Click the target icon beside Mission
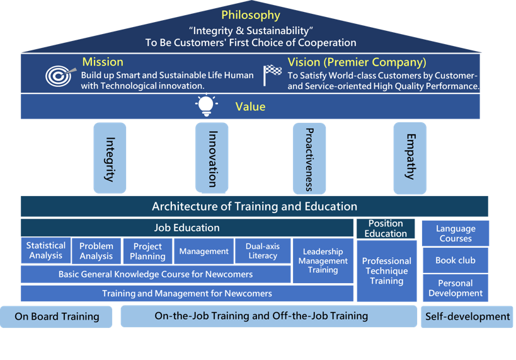[x=59, y=76]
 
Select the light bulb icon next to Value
[x=206, y=106]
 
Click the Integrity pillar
[x=110, y=158]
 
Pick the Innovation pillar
[x=212, y=158]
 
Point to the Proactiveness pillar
[x=309, y=158]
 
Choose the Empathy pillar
[x=410, y=158]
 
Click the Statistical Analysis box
[x=46, y=250]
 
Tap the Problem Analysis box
[x=96, y=251]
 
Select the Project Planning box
[x=147, y=251]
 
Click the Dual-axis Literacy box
[x=263, y=251]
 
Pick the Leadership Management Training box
[x=323, y=260]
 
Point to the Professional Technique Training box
[x=387, y=270]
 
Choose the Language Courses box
[x=456, y=233]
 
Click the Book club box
[x=456, y=260]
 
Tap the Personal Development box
[x=456, y=288]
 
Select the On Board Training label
[x=57, y=316]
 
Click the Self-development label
[x=467, y=316]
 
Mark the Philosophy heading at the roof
[x=251, y=15]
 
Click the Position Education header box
[x=386, y=228]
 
